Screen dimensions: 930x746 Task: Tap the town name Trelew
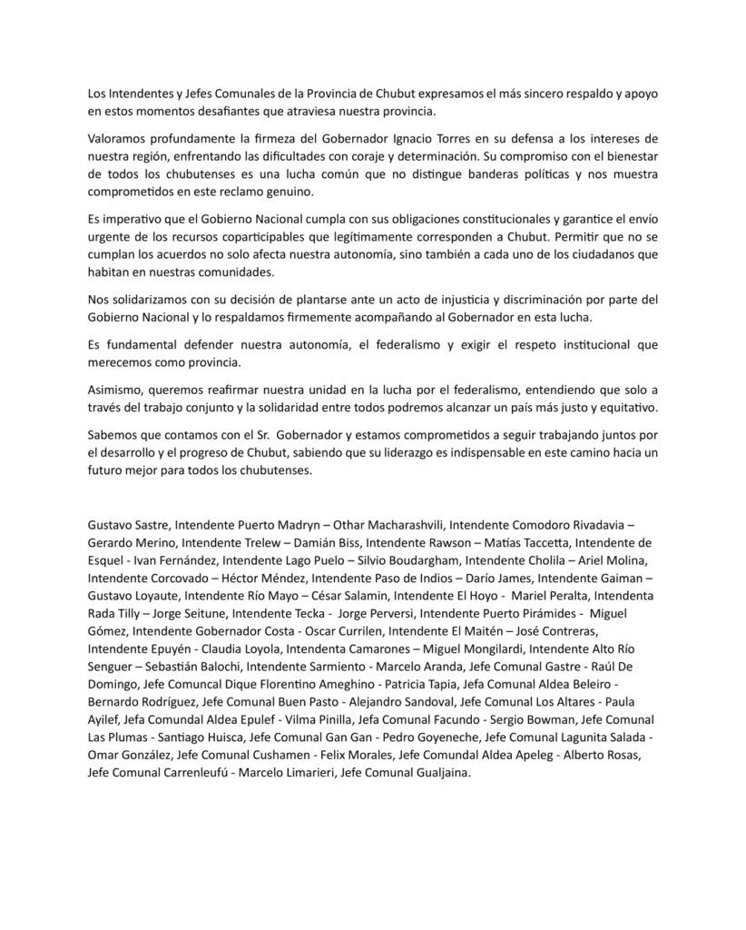[x=240, y=542]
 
